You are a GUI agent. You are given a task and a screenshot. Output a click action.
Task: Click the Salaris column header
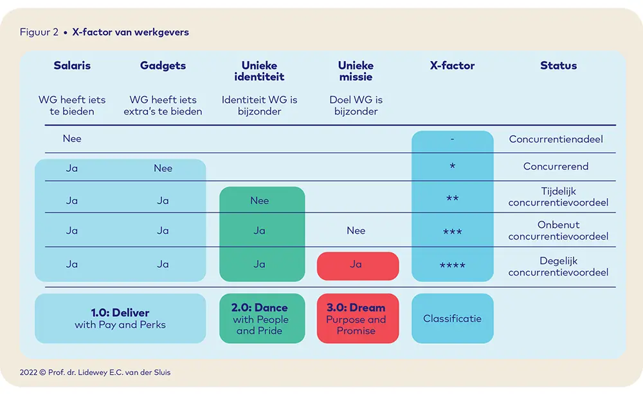tap(72, 65)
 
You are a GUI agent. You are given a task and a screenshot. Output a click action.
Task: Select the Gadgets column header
tap(163, 66)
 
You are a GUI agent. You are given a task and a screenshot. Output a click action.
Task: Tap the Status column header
tap(559, 65)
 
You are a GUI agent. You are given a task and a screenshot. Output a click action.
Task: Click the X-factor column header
tap(452, 65)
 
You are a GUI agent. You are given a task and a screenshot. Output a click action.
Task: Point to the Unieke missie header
tap(356, 71)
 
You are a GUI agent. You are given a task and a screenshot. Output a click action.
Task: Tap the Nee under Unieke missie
tap(356, 230)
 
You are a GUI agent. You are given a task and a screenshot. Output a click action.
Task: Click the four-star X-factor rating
tap(452, 265)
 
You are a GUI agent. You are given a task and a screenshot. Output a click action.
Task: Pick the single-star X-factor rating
tap(452, 166)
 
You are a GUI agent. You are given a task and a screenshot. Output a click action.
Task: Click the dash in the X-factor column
tap(452, 139)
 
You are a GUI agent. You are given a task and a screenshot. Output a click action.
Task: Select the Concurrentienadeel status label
tap(556, 139)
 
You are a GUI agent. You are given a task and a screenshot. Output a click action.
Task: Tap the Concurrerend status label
tap(556, 166)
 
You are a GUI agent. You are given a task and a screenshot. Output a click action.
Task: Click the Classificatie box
tap(452, 319)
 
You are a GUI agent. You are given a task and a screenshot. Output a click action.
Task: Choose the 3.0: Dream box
tap(358, 319)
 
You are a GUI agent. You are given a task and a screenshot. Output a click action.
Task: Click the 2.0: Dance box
tap(262, 319)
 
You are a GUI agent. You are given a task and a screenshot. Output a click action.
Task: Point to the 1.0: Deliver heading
tap(120, 313)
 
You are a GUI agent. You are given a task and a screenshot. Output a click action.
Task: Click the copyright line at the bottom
tap(95, 372)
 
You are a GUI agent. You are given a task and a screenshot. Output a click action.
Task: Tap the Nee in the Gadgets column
tap(163, 168)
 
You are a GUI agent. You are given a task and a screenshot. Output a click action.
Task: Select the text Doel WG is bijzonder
tap(356, 106)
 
